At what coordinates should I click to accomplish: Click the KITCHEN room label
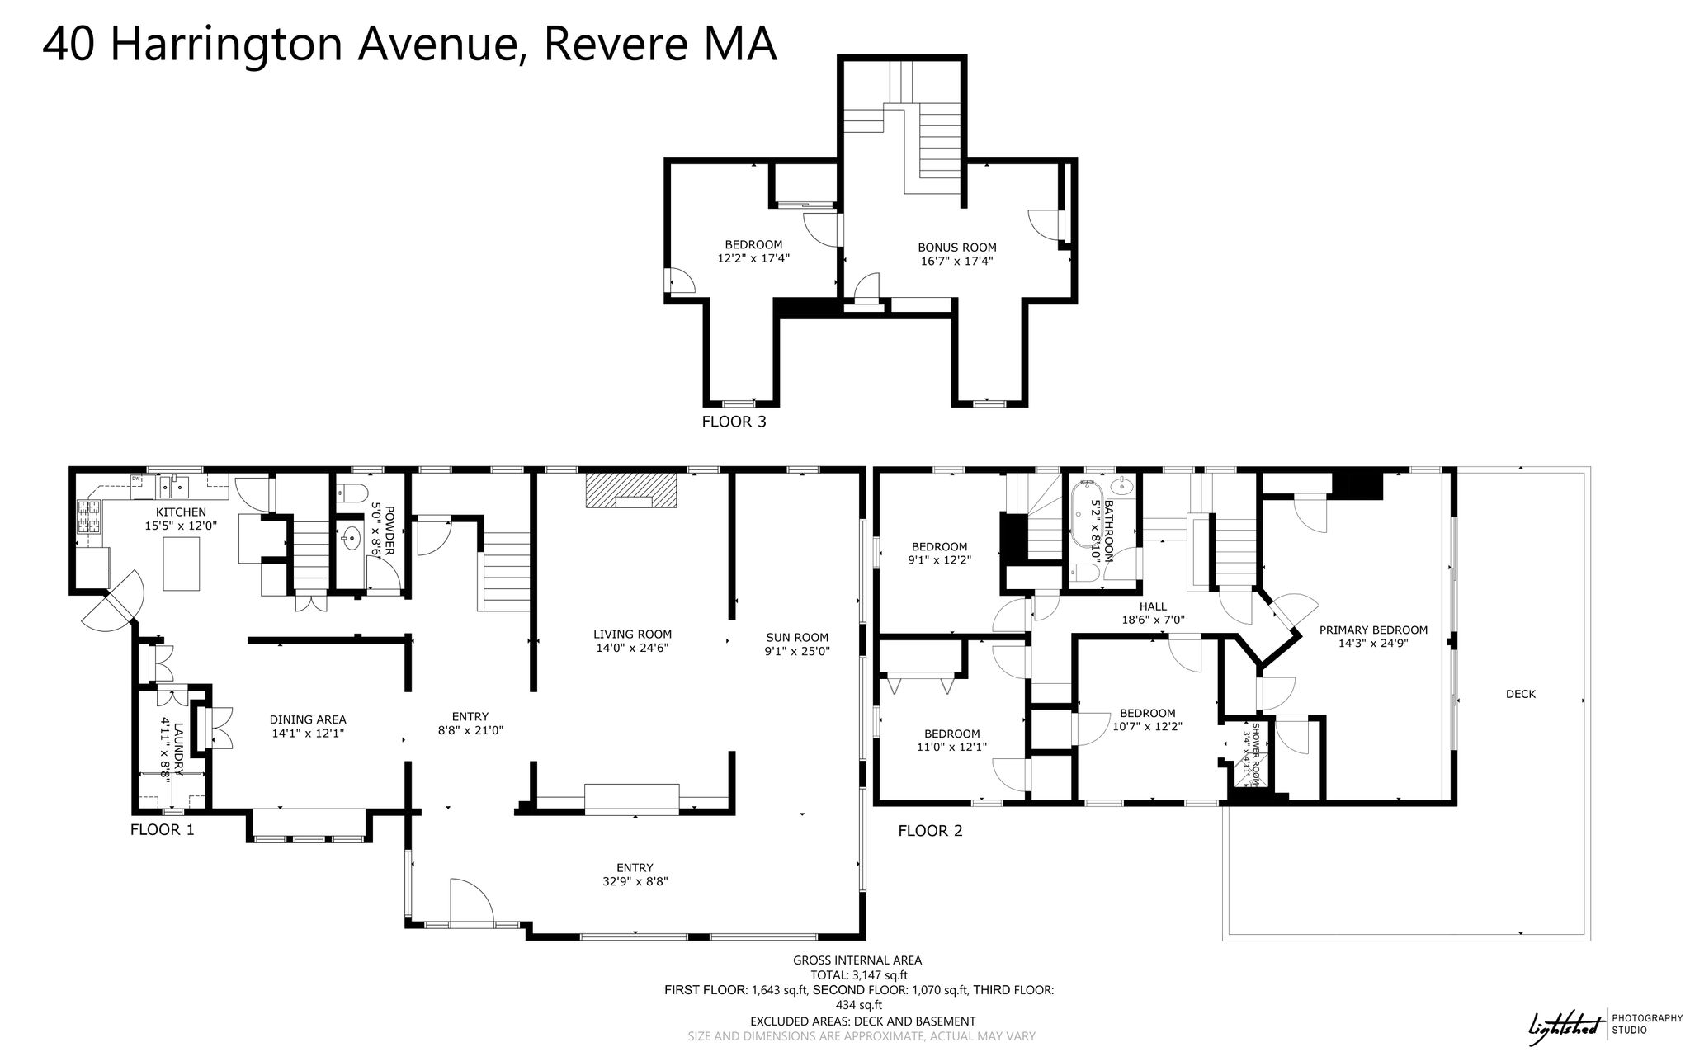coord(181,512)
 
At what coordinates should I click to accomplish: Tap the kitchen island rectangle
coord(182,564)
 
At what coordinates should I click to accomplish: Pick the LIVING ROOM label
coord(632,635)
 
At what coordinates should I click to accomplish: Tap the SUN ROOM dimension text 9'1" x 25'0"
coord(797,651)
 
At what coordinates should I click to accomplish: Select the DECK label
coord(1521,694)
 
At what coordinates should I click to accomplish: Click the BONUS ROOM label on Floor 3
coord(957,248)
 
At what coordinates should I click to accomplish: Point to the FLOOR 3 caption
coord(734,422)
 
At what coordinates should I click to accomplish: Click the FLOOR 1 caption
coord(163,830)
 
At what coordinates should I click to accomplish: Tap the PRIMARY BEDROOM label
coord(1373,630)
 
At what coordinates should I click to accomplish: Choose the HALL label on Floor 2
coord(1153,606)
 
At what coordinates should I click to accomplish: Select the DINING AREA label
coord(309,719)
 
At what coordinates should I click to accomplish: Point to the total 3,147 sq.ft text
coord(857,975)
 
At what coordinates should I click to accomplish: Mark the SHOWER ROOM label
coord(1256,752)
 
